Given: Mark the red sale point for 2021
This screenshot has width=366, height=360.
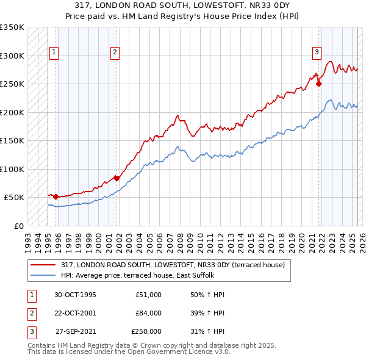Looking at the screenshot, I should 319,84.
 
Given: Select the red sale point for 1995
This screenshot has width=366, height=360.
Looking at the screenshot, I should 56,196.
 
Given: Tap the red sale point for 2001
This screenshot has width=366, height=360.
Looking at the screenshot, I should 117,178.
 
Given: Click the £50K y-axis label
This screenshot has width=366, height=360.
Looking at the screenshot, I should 14,198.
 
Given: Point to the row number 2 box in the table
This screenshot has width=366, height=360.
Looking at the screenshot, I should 31,313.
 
